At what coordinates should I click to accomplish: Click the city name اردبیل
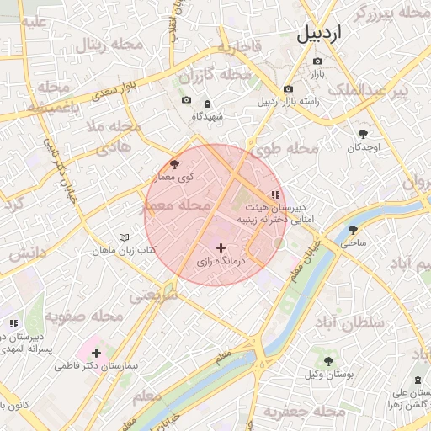pyautogui.click(x=321, y=34)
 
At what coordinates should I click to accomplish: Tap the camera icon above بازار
pyautogui.click(x=317, y=61)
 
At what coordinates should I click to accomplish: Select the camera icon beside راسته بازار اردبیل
pyautogui.click(x=289, y=88)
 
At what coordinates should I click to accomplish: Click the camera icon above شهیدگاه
pyautogui.click(x=186, y=101)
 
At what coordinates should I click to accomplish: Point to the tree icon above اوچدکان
pyautogui.click(x=364, y=133)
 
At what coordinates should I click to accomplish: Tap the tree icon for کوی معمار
pyautogui.click(x=174, y=164)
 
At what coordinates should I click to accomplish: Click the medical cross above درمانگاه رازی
pyautogui.click(x=221, y=247)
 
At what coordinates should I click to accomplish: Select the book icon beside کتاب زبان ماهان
pyautogui.click(x=125, y=237)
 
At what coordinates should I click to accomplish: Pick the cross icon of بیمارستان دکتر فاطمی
pyautogui.click(x=96, y=353)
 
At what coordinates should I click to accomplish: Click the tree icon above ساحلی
pyautogui.click(x=353, y=229)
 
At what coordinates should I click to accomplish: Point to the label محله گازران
pyautogui.click(x=225, y=75)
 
